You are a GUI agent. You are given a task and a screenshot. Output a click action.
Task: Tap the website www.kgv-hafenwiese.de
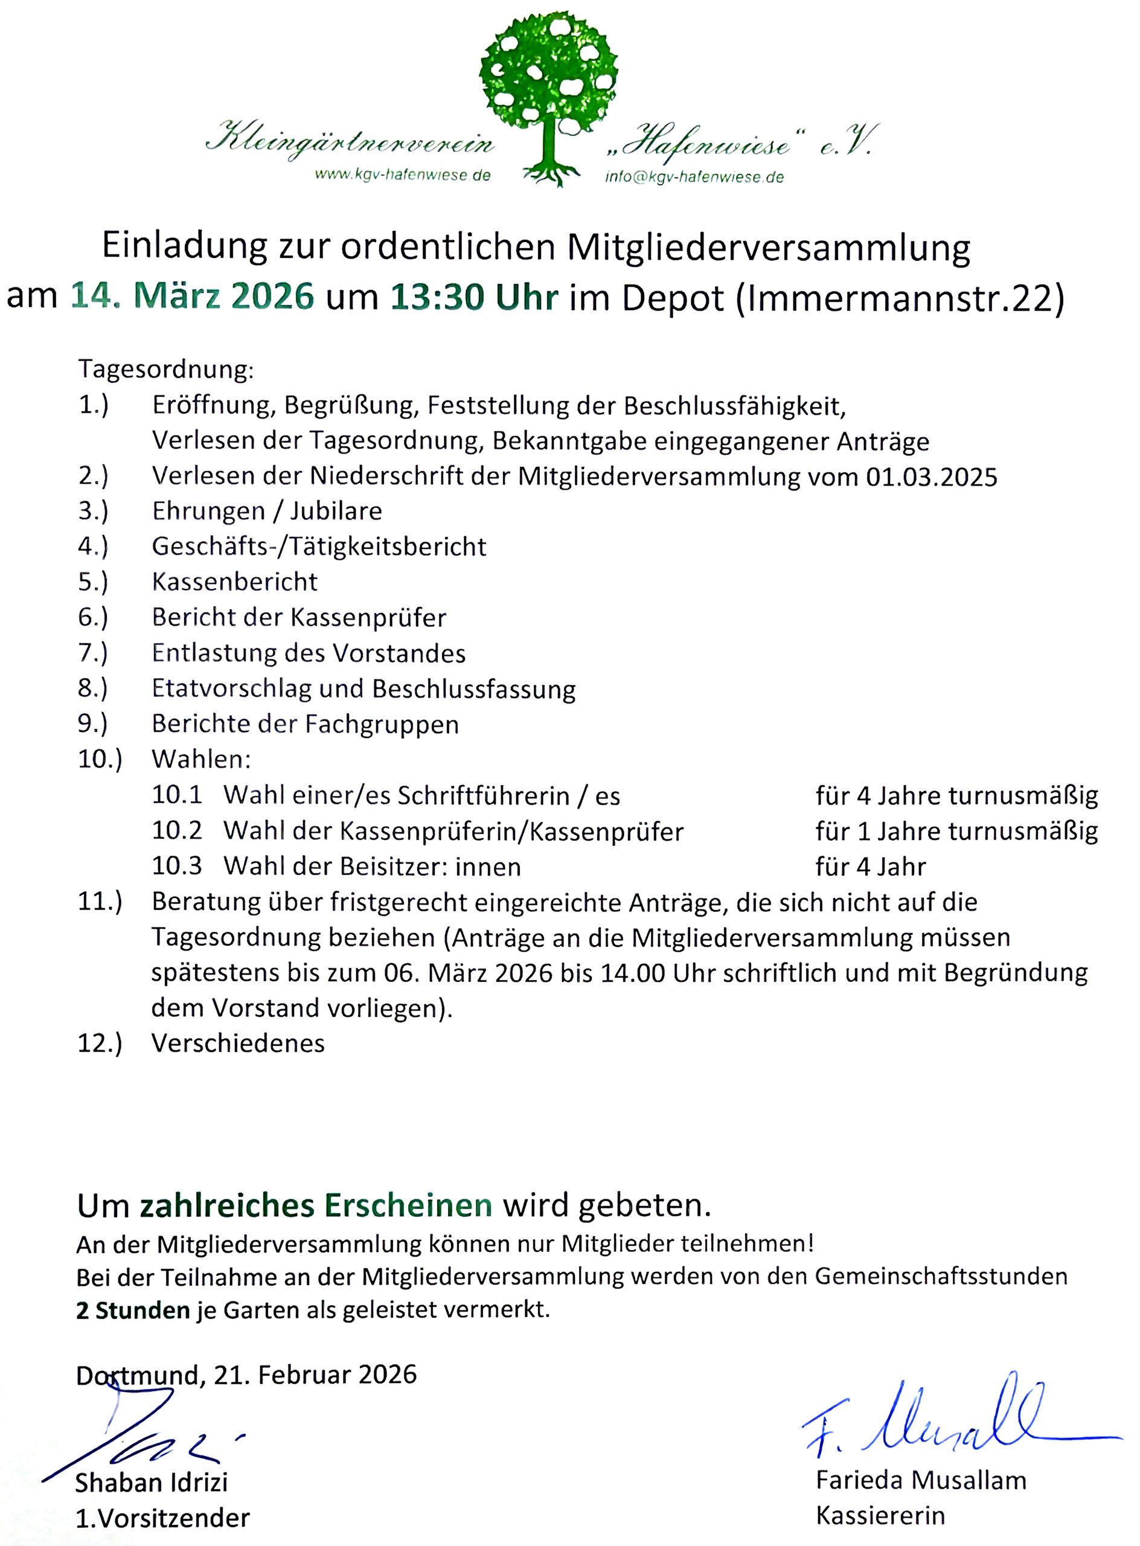point(402,175)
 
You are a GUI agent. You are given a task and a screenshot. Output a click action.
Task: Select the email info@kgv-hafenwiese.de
point(694,177)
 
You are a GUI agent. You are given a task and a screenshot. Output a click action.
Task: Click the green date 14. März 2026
point(192,296)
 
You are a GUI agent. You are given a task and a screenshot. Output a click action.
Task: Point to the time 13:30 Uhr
point(474,297)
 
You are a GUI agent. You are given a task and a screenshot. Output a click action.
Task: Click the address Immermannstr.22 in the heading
point(899,298)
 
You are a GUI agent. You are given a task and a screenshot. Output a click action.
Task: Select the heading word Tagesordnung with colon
point(165,369)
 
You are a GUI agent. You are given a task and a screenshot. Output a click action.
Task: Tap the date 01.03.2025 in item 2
point(932,477)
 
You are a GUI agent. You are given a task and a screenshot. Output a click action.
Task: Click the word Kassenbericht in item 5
point(235,582)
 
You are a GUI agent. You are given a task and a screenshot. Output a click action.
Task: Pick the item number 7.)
point(93,652)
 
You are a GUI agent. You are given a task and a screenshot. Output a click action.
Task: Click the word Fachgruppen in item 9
point(382,724)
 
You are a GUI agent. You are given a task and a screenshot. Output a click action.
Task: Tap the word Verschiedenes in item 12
point(238,1043)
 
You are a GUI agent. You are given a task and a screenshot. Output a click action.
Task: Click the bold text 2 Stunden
point(132,1310)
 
